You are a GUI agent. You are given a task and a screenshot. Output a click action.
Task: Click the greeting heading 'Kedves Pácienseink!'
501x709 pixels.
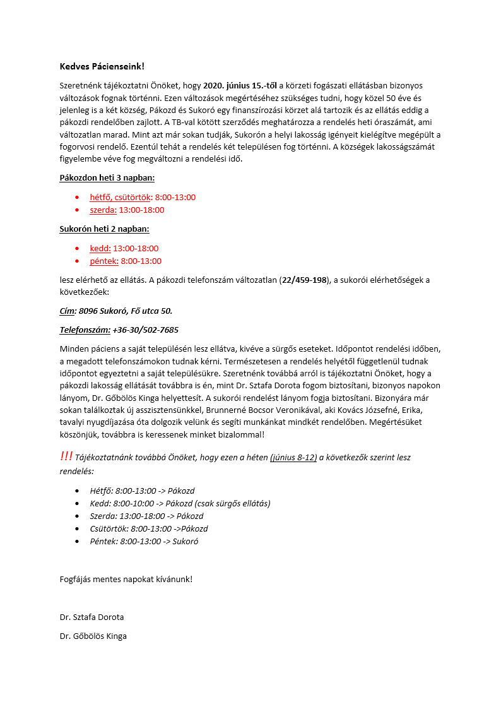(102, 66)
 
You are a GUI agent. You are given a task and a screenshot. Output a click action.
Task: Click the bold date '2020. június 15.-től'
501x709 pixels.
(240, 85)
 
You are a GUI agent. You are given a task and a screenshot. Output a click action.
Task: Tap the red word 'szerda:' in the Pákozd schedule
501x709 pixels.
(103, 210)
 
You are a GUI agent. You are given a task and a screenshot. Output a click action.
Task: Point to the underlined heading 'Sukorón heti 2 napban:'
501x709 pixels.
(104, 229)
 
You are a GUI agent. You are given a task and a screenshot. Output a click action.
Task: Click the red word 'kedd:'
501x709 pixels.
(100, 248)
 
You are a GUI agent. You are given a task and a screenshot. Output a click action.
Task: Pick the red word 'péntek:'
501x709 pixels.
(104, 261)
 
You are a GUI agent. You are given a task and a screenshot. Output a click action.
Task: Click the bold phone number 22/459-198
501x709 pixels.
(305, 280)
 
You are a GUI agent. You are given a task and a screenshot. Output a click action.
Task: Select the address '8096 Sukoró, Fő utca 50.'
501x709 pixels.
(126, 311)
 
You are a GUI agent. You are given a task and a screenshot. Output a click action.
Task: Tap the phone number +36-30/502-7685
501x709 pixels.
(146, 330)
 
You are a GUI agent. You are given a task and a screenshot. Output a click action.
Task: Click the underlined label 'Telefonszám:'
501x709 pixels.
(85, 330)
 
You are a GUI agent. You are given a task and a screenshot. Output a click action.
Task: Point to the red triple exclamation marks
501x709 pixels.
(66, 456)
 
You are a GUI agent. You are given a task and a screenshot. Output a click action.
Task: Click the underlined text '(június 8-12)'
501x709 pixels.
(293, 458)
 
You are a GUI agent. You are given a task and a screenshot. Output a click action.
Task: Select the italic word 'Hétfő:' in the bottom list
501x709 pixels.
(102, 491)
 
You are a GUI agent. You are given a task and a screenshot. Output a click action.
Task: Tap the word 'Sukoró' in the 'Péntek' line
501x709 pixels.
(186, 541)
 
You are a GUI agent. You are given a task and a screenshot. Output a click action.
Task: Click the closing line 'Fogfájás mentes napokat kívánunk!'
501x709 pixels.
(126, 578)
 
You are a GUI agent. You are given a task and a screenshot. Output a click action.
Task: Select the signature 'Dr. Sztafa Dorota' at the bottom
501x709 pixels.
(92, 617)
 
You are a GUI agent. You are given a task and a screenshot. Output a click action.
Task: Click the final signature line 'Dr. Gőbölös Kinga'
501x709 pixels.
(93, 636)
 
